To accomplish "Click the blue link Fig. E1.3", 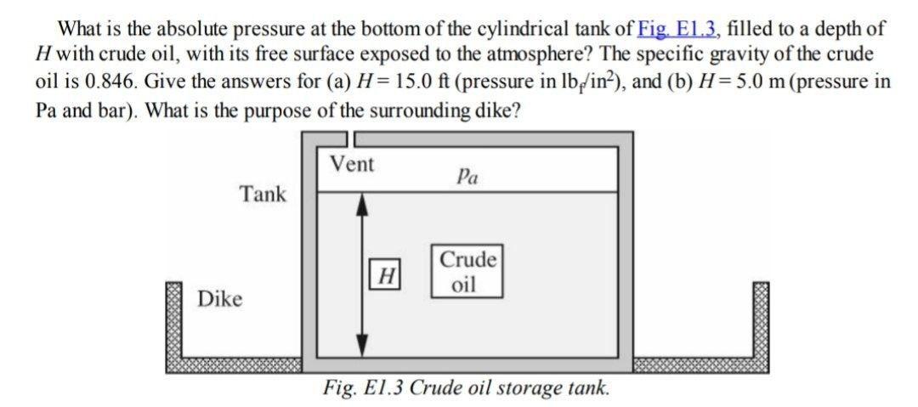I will coord(677,28).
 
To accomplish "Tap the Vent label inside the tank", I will coord(351,164).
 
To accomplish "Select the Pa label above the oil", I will coord(467,177).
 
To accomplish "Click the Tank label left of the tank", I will coord(263,195).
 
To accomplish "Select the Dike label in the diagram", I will coord(219,299).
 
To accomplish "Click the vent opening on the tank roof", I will coord(349,138).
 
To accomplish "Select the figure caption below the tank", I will coord(466,388).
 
